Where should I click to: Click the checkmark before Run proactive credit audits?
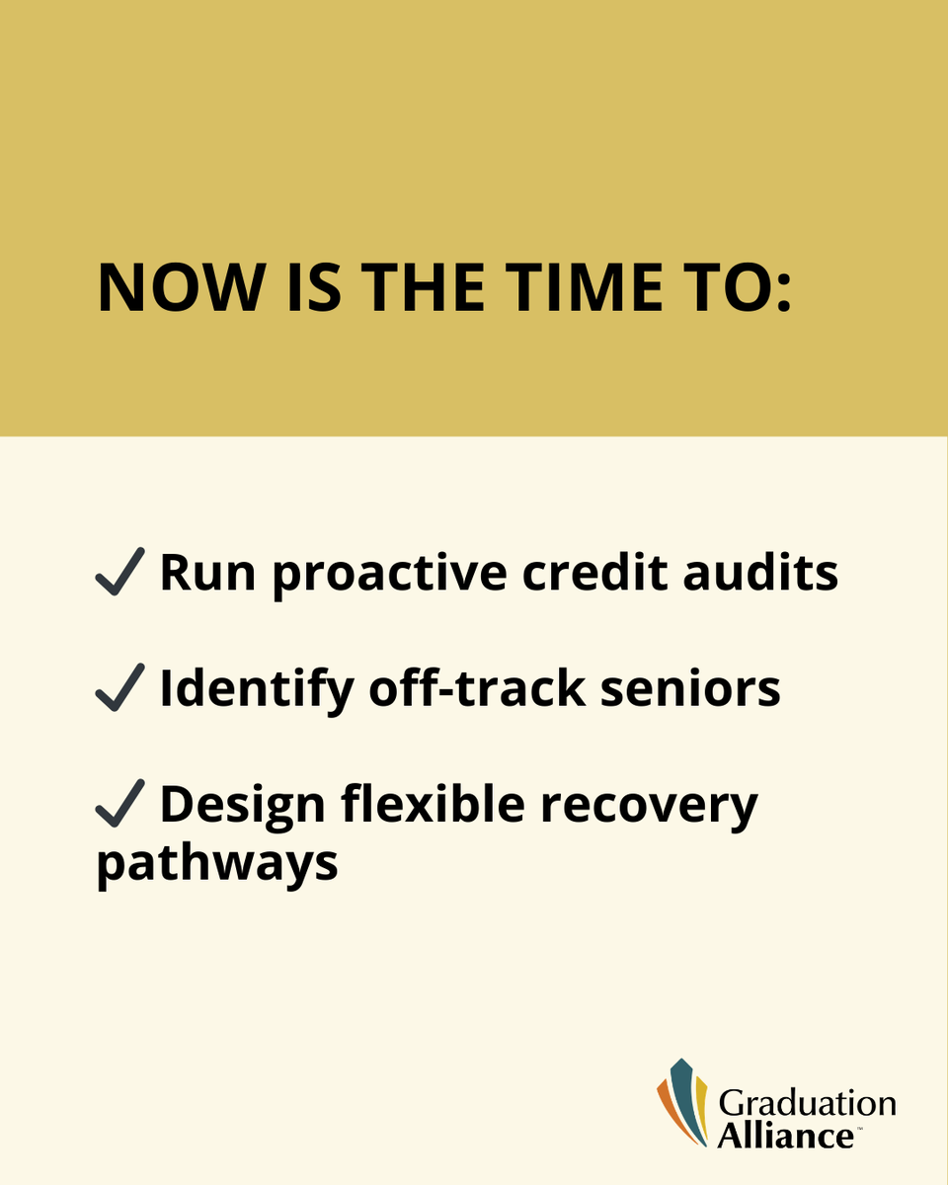click(120, 573)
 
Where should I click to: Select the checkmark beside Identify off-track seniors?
click(120, 689)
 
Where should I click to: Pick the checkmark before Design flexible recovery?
click(120, 805)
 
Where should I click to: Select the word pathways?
click(217, 863)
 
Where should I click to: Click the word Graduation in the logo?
click(807, 1102)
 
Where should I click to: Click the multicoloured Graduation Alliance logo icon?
click(683, 1102)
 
